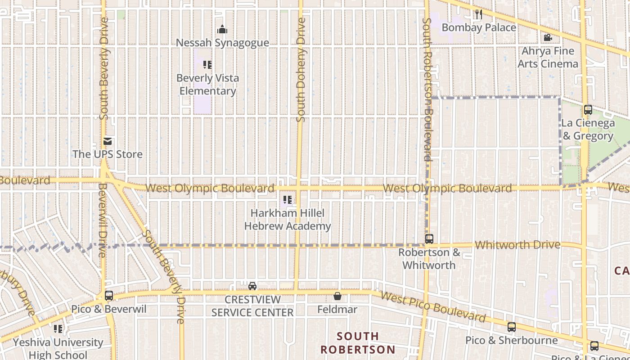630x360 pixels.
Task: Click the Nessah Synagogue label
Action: coord(222,43)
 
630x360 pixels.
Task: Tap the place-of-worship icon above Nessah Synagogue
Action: coord(222,30)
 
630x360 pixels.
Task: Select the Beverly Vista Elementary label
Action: coord(207,84)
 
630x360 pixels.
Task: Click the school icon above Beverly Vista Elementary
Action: coord(207,65)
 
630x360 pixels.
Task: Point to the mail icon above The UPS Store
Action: coord(108,141)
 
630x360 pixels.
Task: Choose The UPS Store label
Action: coord(108,154)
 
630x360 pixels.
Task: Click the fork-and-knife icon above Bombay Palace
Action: coord(479,14)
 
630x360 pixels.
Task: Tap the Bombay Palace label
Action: coord(479,27)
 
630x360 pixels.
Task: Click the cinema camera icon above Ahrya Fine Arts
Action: coord(548,38)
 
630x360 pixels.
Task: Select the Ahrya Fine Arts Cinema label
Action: coord(548,57)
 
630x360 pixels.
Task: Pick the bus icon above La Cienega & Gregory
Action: coord(588,110)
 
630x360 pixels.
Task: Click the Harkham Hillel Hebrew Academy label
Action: coord(288,219)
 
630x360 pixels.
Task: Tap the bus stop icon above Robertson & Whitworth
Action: coord(429,239)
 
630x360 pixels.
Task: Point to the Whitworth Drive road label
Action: coord(517,245)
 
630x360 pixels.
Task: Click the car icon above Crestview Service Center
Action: coord(252,286)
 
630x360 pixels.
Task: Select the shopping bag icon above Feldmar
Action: coord(337,296)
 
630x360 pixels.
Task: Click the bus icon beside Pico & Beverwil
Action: coord(109,296)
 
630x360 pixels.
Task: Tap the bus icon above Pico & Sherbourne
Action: coord(512,327)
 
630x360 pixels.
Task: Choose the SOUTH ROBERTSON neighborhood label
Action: coord(358,342)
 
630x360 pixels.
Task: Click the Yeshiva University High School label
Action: coord(58,348)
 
